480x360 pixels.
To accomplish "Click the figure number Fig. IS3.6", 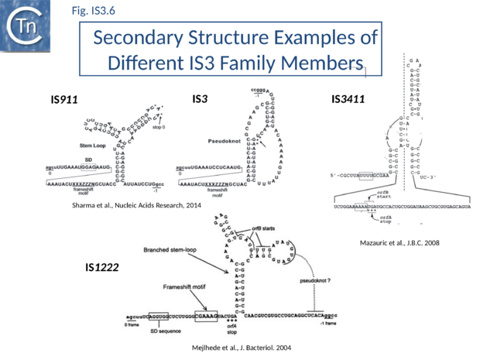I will coord(93,11).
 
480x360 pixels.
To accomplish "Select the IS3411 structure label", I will coord(348,99).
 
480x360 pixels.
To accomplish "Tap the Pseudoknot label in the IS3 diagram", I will coord(225,141).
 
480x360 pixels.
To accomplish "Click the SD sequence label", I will coord(165,331).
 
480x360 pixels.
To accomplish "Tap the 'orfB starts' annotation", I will coord(262,228).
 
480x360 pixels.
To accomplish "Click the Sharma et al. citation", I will coord(131,205).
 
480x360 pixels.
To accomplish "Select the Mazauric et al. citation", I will coord(399,243).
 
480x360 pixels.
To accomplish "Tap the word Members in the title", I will coord(321,62).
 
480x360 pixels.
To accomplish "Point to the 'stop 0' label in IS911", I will coord(158,126).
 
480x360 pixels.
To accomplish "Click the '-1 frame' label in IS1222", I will coord(328,325).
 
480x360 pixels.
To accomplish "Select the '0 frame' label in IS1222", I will coord(132,325).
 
